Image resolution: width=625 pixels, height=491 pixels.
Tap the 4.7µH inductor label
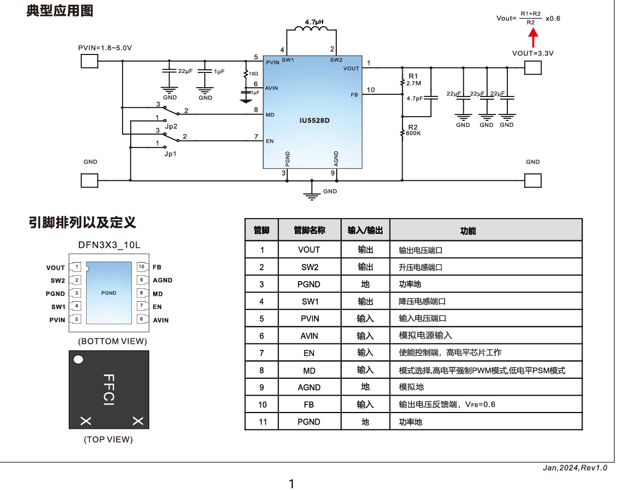click(314, 22)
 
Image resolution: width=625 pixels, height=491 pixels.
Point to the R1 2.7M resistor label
click(412, 80)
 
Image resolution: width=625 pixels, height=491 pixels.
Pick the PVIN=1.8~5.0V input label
click(105, 48)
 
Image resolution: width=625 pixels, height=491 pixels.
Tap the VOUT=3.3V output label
click(532, 53)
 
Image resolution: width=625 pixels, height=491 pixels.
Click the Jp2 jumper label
click(171, 126)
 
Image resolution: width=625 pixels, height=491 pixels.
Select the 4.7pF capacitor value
click(415, 99)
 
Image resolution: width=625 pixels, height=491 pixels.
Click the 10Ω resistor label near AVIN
click(253, 73)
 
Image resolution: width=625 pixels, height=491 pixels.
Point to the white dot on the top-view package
click(78, 360)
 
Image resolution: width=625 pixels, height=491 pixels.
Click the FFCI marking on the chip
click(108, 389)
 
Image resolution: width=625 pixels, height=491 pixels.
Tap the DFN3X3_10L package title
click(109, 245)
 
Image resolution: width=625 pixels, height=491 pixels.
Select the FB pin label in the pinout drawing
click(157, 267)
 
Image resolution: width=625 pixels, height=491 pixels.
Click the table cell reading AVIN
click(309, 336)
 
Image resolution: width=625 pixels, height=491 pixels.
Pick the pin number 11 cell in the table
click(263, 422)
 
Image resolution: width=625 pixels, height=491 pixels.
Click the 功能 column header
click(468, 231)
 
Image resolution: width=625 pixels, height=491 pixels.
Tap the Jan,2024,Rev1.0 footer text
click(575, 468)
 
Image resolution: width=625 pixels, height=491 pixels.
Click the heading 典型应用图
click(59, 11)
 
